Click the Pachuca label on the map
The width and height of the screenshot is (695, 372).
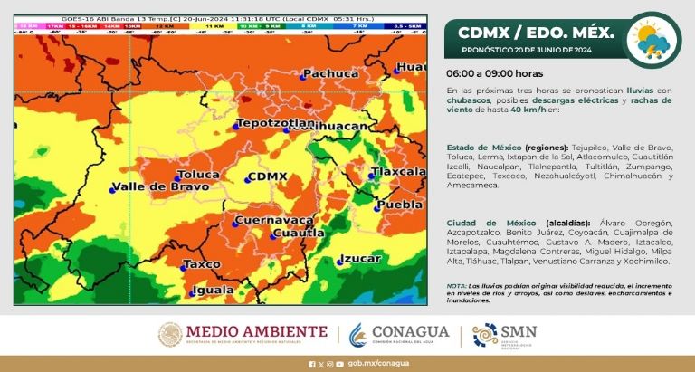tap(331, 73)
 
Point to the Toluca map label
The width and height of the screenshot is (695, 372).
tap(198, 174)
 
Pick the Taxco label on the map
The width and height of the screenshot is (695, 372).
tap(204, 263)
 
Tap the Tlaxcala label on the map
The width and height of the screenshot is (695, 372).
tap(399, 171)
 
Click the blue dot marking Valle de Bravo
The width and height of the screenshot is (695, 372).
tap(113, 189)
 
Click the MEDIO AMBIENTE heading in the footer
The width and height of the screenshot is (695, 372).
tap(257, 331)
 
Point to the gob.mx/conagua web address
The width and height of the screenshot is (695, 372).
tap(373, 363)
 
